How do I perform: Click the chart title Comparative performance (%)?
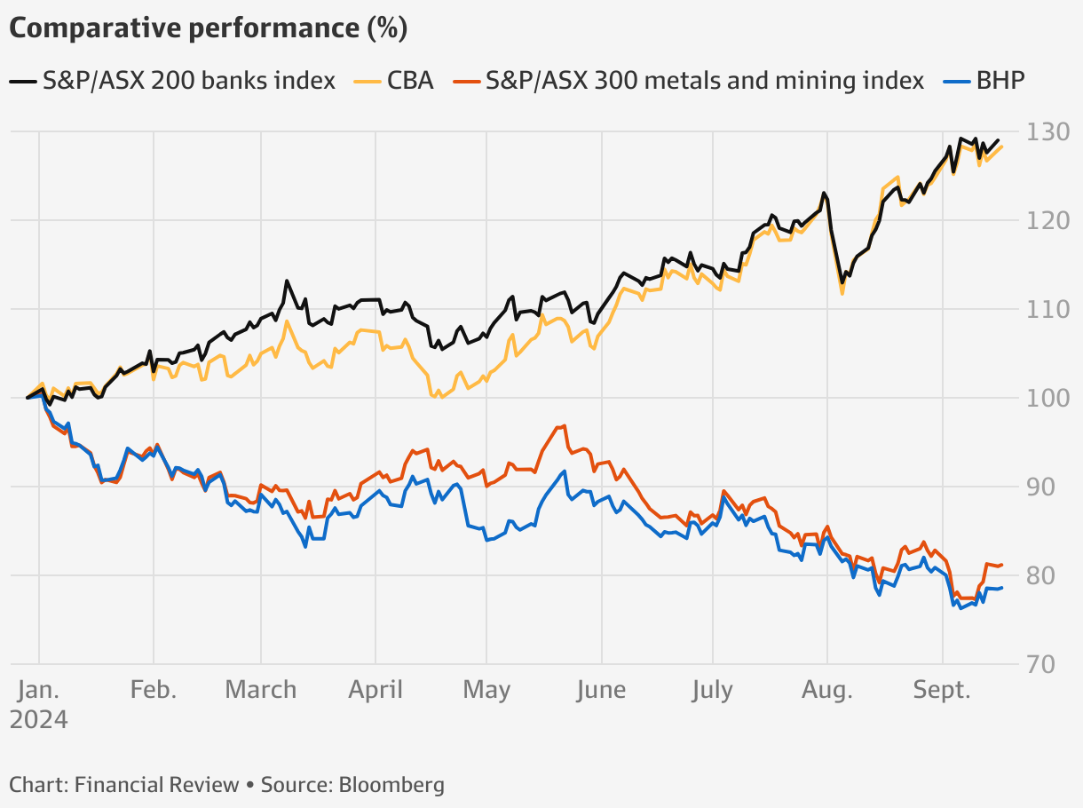pyautogui.click(x=208, y=28)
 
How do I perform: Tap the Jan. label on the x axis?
pyautogui.click(x=38, y=690)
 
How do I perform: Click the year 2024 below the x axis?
pyautogui.click(x=38, y=718)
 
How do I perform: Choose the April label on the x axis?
pyautogui.click(x=375, y=690)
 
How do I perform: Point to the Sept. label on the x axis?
pyautogui.click(x=943, y=690)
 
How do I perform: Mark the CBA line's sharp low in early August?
pyautogui.click(x=842, y=293)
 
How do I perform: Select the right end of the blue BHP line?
pyautogui.click(x=1001, y=588)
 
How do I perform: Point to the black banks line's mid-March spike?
pyautogui.click(x=287, y=281)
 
